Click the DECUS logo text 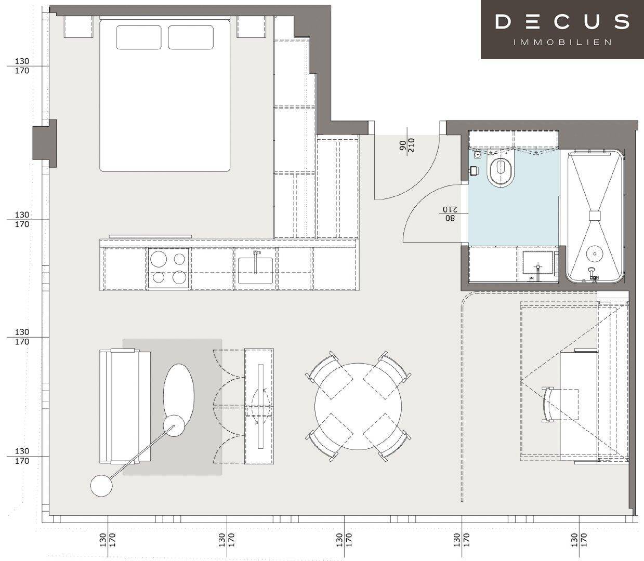click(562, 21)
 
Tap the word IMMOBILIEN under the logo click(562, 42)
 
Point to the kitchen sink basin click(255, 271)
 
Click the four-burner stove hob click(168, 268)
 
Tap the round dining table click(358, 406)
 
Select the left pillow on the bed click(139, 37)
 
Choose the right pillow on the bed click(191, 37)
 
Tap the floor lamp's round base click(101, 486)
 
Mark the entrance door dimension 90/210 click(407, 145)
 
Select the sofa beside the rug click(125, 406)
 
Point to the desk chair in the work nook click(560, 405)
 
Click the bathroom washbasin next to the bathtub click(538, 263)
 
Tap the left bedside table click(78, 26)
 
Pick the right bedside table click(251, 26)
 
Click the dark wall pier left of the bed click(45, 143)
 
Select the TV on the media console click(260, 406)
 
